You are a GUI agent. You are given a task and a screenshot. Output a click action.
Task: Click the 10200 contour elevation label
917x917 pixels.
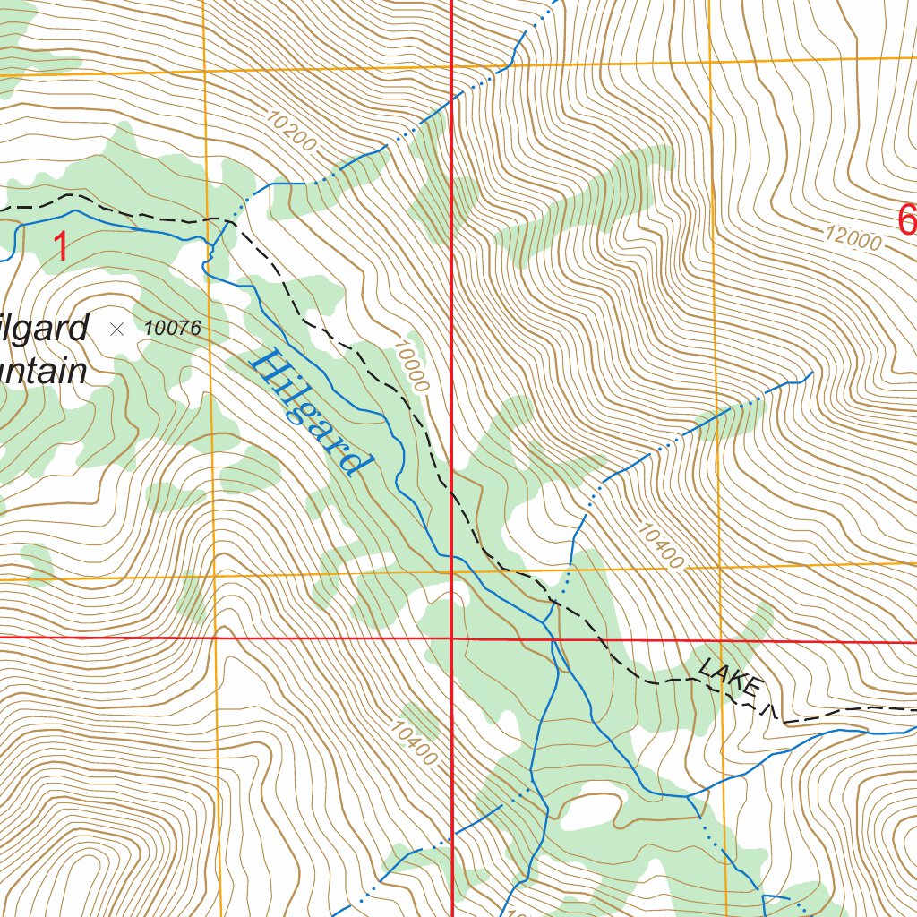(x=290, y=130)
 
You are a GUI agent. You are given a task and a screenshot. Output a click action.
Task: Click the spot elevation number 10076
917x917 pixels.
(x=172, y=329)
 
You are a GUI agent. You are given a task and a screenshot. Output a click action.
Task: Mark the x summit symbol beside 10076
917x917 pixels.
(x=116, y=329)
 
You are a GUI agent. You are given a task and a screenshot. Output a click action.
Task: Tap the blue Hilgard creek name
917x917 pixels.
(x=310, y=412)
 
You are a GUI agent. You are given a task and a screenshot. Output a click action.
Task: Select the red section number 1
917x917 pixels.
(x=61, y=246)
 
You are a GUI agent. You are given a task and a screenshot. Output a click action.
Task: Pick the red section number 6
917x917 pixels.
(x=906, y=219)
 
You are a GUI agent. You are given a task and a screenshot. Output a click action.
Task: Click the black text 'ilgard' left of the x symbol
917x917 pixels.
(x=45, y=329)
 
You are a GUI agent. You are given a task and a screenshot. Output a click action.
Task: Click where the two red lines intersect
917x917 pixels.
(x=451, y=638)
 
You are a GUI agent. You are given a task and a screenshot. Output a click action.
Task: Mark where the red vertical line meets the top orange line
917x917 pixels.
(x=451, y=65)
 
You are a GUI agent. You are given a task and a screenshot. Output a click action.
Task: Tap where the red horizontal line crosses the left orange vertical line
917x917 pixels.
(x=216, y=638)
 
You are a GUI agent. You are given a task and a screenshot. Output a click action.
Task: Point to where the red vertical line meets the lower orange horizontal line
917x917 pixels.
(x=451, y=570)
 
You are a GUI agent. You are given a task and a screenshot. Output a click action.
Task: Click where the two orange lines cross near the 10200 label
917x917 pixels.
(x=205, y=70)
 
